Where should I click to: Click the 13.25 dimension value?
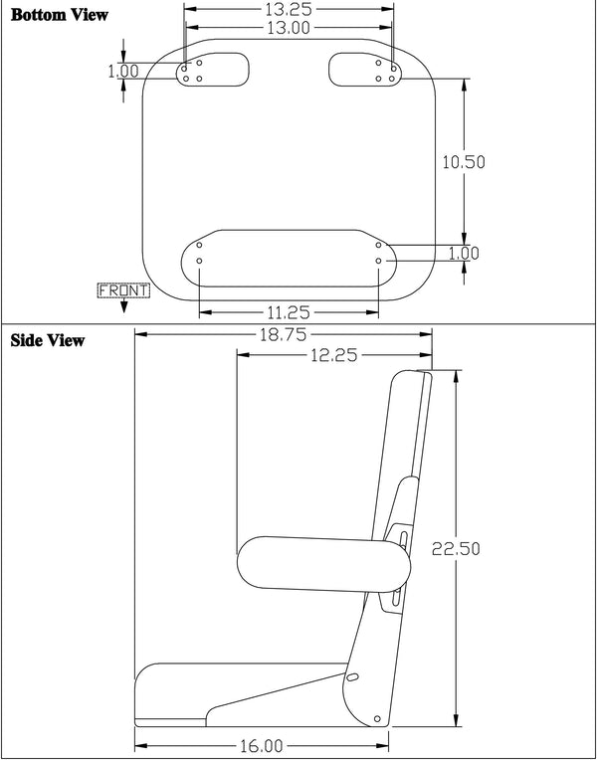pyautogui.click(x=288, y=10)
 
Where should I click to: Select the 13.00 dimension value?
pyautogui.click(x=288, y=29)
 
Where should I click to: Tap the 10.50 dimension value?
pyautogui.click(x=464, y=162)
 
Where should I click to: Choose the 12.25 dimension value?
pyautogui.click(x=334, y=355)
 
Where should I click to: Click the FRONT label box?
pyautogui.click(x=122, y=290)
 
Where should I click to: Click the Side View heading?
pyautogui.click(x=48, y=341)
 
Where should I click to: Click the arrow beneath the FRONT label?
pyautogui.click(x=122, y=306)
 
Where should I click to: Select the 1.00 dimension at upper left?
pyautogui.click(x=123, y=72)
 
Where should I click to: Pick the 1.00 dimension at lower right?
pyautogui.click(x=464, y=254)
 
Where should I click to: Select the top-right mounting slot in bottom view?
pyautogui.click(x=364, y=71)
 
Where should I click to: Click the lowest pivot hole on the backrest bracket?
pyautogui.click(x=377, y=717)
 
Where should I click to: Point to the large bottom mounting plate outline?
pyautogui.click(x=289, y=257)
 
